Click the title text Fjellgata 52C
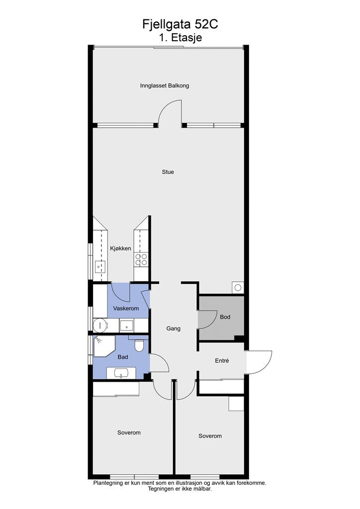[180, 24]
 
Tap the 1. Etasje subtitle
[180, 37]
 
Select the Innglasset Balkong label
[165, 85]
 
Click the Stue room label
[168, 172]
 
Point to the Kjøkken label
[120, 249]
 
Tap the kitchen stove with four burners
[141, 259]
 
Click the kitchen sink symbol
[98, 267]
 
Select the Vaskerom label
[126, 308]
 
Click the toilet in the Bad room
[139, 345]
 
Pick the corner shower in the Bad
[103, 346]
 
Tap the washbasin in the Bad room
[121, 373]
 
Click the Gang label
[174, 329]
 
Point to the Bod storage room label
[225, 317]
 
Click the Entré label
[222, 361]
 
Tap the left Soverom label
[129, 433]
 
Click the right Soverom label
[210, 436]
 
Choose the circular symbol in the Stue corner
[238, 287]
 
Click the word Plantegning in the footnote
[107, 483]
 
